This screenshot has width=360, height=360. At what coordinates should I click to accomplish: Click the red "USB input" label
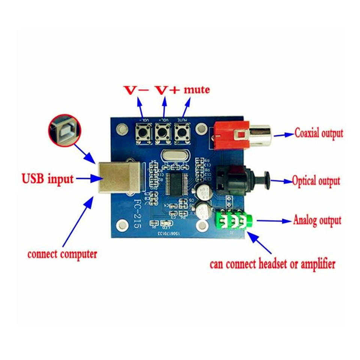(x=48, y=179)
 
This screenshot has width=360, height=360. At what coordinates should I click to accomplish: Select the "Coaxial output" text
(x=319, y=133)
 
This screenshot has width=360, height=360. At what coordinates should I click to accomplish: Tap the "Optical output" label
(x=316, y=181)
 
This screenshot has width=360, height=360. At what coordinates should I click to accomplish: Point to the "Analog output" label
(x=317, y=220)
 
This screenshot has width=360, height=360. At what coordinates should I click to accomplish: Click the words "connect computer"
(x=62, y=254)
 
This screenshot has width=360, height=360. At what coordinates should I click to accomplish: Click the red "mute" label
(x=196, y=90)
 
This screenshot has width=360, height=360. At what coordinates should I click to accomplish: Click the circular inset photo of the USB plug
(x=64, y=131)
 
